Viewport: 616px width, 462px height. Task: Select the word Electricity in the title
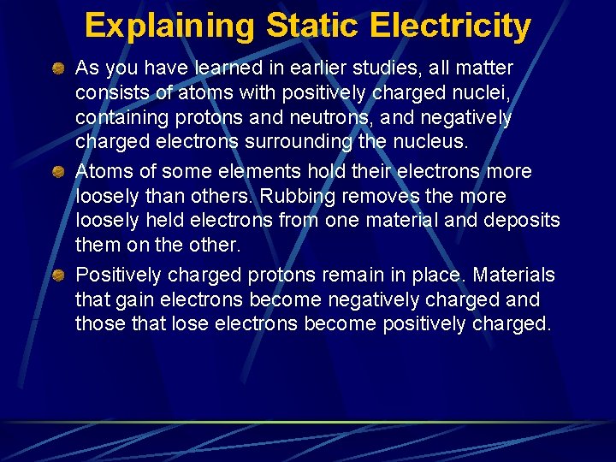450,26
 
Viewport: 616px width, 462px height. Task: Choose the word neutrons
335,116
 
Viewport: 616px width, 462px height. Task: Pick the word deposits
524,220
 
